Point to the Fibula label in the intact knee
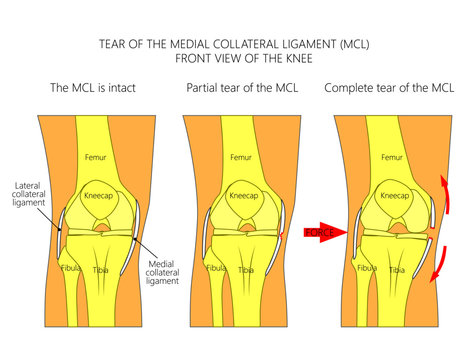pyautogui.click(x=68, y=268)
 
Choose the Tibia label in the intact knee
pyautogui.click(x=102, y=270)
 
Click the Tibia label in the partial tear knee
pyautogui.click(x=247, y=270)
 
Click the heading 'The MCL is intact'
pyautogui.click(x=92, y=88)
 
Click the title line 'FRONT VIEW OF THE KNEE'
pyautogui.click(x=233, y=58)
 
